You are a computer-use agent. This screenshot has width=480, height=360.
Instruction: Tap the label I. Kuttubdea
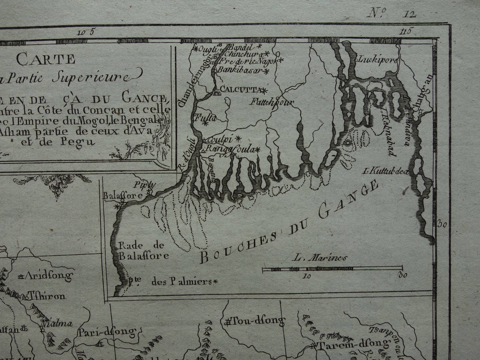tap(387, 171)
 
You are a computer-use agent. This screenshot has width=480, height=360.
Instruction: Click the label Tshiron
tap(47, 296)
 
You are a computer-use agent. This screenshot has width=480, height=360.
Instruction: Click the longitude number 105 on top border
tap(86, 32)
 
